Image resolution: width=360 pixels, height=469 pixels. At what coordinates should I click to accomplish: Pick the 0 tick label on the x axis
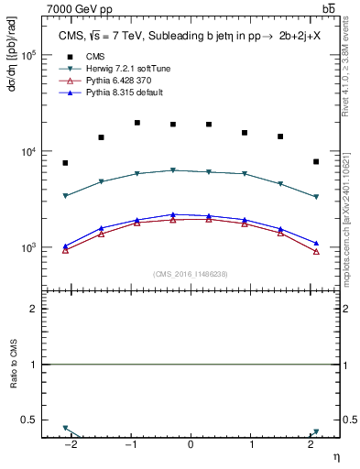click(x=191, y=446)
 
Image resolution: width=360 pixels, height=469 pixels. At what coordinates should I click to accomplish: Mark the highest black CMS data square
click(x=137, y=123)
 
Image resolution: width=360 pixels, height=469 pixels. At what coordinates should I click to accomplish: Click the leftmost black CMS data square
click(x=65, y=163)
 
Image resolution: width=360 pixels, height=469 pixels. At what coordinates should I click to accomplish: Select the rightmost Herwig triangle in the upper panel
click(x=315, y=197)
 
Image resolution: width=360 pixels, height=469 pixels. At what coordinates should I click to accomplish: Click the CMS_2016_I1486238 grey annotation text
click(x=190, y=274)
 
